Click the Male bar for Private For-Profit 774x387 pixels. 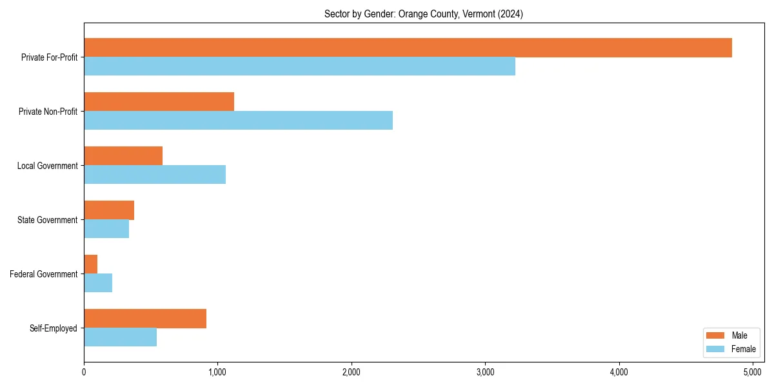click(408, 48)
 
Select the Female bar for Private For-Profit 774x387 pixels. click(299, 66)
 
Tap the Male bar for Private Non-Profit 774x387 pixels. click(159, 102)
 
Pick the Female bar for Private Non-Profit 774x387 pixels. click(238, 121)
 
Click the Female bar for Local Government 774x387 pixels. click(155, 175)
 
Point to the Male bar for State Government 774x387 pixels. click(109, 210)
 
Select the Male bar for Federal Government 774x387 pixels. click(90, 264)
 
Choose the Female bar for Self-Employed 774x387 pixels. click(120, 337)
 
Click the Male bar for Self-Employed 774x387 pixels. click(145, 319)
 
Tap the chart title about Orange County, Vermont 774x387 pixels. click(423, 14)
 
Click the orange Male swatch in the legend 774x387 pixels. click(716, 335)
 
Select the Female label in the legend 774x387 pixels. click(744, 349)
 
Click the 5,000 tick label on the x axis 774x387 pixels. click(753, 372)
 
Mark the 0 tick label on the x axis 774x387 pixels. click(84, 372)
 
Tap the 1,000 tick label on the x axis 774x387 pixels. click(217, 372)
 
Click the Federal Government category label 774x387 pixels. click(44, 274)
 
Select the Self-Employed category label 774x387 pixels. click(54, 328)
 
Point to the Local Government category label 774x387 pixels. click(47, 166)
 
